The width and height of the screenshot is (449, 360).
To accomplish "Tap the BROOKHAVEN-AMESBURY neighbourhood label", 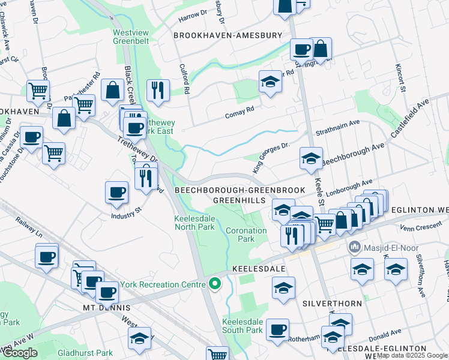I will [228, 35].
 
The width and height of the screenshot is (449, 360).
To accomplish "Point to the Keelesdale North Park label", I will [194, 223].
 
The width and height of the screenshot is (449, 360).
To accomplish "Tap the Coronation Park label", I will [246, 235].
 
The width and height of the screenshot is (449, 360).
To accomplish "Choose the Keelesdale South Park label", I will [243, 326].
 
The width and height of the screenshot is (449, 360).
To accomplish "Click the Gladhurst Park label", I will [88, 353].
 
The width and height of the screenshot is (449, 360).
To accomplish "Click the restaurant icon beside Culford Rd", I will [158, 89].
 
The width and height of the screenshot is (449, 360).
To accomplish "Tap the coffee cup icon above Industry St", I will [116, 192].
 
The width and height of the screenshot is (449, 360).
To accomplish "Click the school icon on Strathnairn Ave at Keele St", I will [311, 158].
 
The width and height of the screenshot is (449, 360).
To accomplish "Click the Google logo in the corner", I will [20, 353].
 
